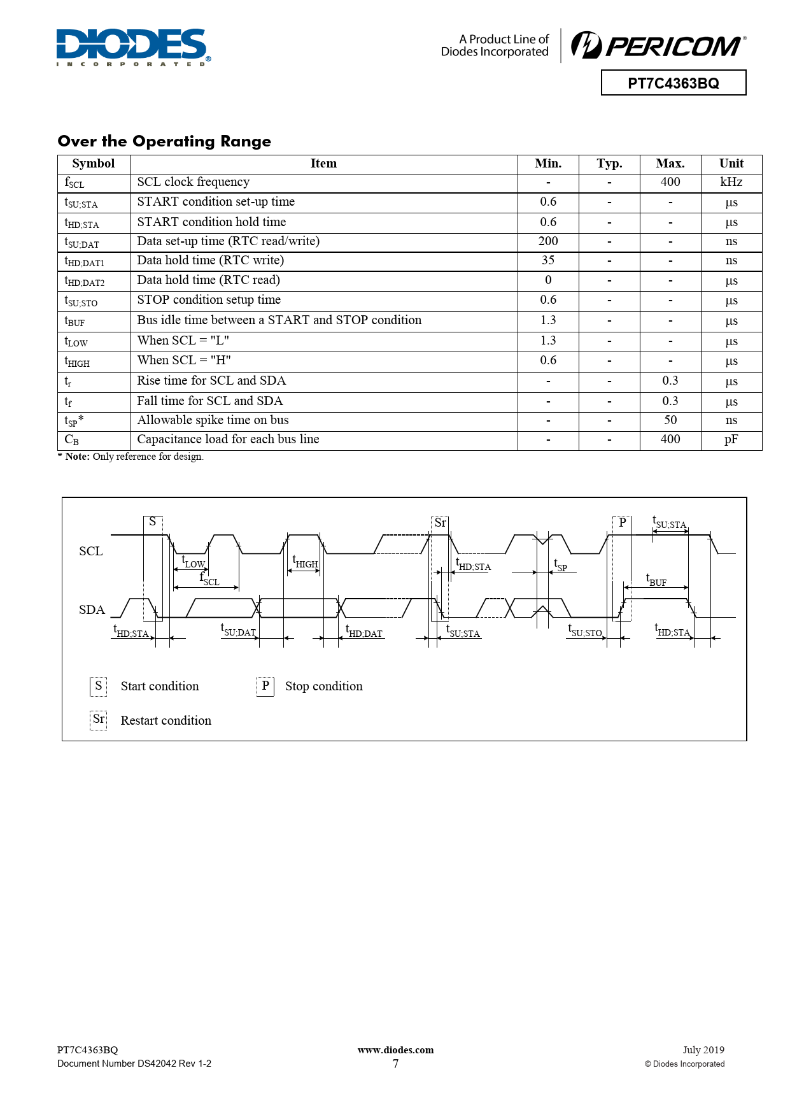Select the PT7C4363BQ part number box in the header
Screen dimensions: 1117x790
coord(673,83)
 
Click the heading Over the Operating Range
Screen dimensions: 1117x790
coord(164,141)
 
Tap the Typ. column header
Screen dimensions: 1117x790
coord(609,164)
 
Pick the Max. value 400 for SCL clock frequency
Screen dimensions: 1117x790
coord(670,182)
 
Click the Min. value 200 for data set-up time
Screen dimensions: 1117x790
coord(547,241)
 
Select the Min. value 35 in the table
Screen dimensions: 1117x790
coord(547,260)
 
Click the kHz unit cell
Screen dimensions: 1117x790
coord(731,182)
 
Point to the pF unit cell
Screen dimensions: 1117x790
coord(731,439)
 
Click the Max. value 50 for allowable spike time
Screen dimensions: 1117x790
coord(670,420)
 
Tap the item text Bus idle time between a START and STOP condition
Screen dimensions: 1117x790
coord(279,320)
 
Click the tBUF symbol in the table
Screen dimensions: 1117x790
coord(74,322)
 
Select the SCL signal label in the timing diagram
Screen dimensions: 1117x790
coord(90,551)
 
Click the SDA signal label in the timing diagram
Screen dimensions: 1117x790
coord(92,610)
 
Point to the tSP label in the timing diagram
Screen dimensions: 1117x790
coord(560,566)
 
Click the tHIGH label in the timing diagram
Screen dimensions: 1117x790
coord(305,562)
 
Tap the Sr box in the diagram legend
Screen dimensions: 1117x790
coord(98,720)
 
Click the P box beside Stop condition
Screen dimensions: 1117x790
coord(265,686)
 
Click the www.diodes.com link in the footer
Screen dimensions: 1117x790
coord(395,1050)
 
